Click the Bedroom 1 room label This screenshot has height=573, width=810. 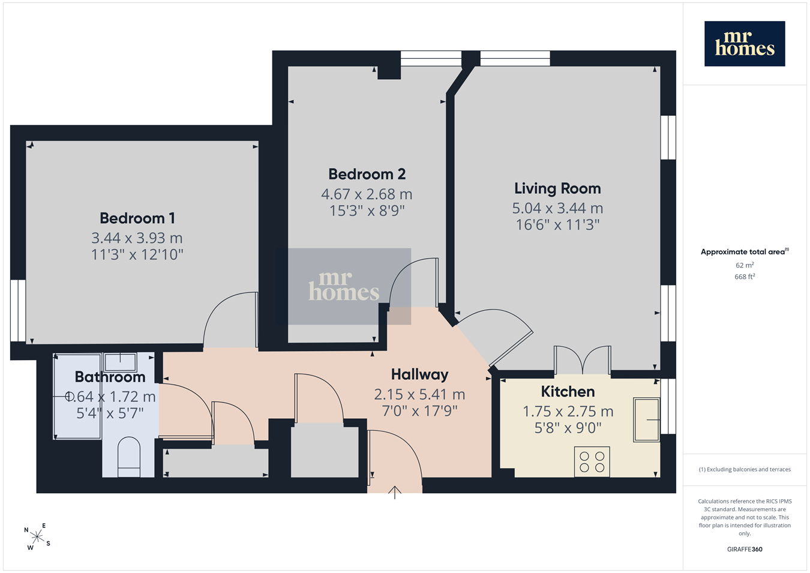click(x=137, y=218)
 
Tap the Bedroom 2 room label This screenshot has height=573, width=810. click(x=367, y=174)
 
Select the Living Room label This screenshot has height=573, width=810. click(x=557, y=189)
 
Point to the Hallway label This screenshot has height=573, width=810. click(x=419, y=374)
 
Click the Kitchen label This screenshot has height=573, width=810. click(x=568, y=392)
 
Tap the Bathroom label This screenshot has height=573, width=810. click(x=110, y=377)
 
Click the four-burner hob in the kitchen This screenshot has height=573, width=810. click(x=592, y=461)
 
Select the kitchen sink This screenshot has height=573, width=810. click(x=646, y=420)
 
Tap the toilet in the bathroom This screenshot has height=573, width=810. click(x=129, y=457)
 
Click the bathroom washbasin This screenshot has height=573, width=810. click(x=120, y=362)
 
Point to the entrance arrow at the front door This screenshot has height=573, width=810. click(x=395, y=493)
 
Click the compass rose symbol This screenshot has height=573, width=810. click(x=37, y=537)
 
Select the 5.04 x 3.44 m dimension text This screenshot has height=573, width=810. click(x=557, y=208)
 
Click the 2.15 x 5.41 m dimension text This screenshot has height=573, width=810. click(x=419, y=394)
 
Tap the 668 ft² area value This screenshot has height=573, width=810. click(x=745, y=277)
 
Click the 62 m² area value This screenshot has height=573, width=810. click(x=745, y=265)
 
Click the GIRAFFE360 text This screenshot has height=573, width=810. click(x=745, y=549)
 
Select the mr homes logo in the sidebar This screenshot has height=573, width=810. click(x=745, y=44)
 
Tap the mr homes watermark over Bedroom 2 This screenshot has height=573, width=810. click(x=344, y=286)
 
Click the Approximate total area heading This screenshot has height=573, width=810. click(x=745, y=251)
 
